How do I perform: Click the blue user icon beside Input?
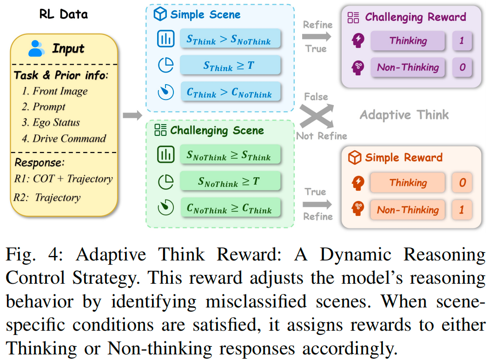pyautogui.click(x=36, y=48)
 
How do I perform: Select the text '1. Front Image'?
pyautogui.click(x=54, y=91)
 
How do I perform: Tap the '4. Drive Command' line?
pyautogui.click(x=64, y=139)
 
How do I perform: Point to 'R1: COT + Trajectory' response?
pyautogui.click(x=63, y=179)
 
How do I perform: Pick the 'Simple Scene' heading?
pyautogui.click(x=205, y=14)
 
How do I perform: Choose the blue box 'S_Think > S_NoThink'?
pyautogui.click(x=230, y=39)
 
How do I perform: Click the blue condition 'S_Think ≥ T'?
pyautogui.click(x=230, y=65)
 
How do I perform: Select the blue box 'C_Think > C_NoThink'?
pyautogui.click(x=230, y=92)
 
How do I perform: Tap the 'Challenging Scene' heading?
pyautogui.click(x=217, y=130)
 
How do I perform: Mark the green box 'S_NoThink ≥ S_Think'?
pyautogui.click(x=230, y=155)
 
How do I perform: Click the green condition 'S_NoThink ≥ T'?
pyautogui.click(x=230, y=181)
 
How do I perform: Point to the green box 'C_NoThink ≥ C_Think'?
pyautogui.click(x=230, y=207)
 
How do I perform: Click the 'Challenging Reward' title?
pyautogui.click(x=415, y=18)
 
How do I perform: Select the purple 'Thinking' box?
pyautogui.click(x=408, y=40)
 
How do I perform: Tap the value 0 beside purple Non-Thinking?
pyautogui.click(x=462, y=67)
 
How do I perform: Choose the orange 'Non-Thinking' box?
pyautogui.click(x=408, y=210)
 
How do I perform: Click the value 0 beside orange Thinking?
pyautogui.click(x=462, y=183)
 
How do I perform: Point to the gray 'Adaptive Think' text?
pyautogui.click(x=404, y=115)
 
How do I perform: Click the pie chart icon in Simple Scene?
pyautogui.click(x=165, y=66)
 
